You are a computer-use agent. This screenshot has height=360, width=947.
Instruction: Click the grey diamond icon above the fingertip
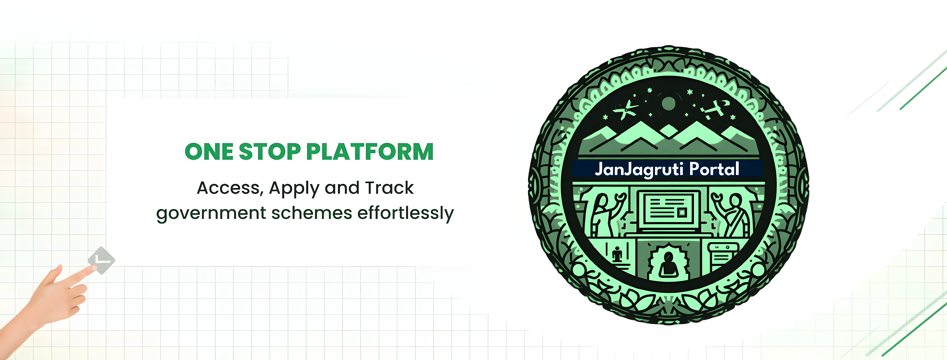pyautogui.click(x=101, y=260)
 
